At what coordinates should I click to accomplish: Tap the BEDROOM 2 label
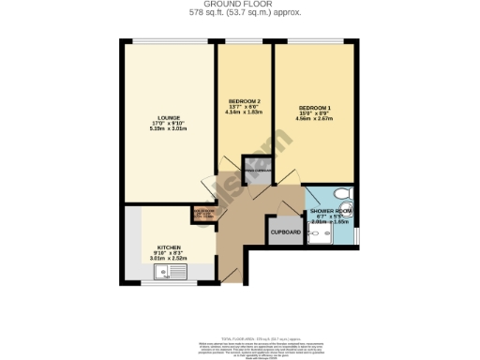[x=245, y=101]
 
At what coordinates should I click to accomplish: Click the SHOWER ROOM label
[x=331, y=212]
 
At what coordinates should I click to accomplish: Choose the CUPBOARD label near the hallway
[x=285, y=232]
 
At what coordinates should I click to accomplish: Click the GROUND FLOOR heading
[x=239, y=4]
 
